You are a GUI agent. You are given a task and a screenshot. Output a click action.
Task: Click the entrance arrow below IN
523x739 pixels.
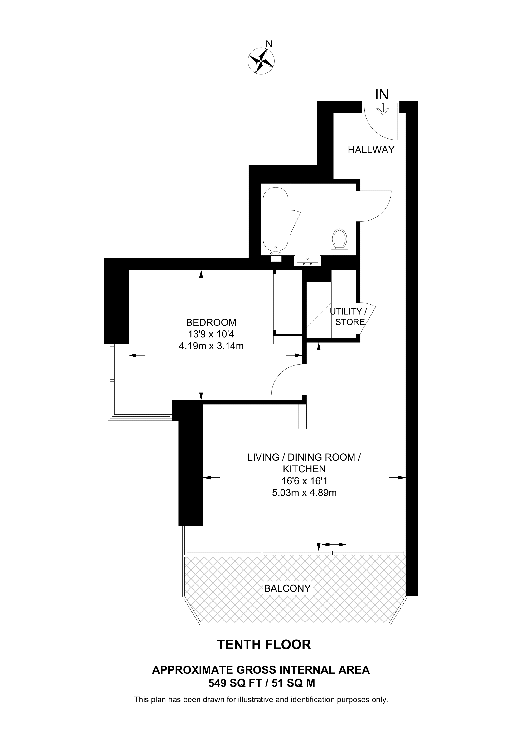tap(383, 109)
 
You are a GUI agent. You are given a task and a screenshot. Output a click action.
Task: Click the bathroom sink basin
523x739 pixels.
tap(307, 258)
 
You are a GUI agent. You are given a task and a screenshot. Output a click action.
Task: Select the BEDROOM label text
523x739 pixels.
tap(211, 322)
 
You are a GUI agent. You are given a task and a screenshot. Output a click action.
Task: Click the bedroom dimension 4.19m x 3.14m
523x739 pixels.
tap(211, 346)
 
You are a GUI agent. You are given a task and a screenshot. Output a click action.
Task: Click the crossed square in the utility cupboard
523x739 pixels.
tap(319, 315)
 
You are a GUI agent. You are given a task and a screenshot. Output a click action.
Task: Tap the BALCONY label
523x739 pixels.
tap(287, 588)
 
